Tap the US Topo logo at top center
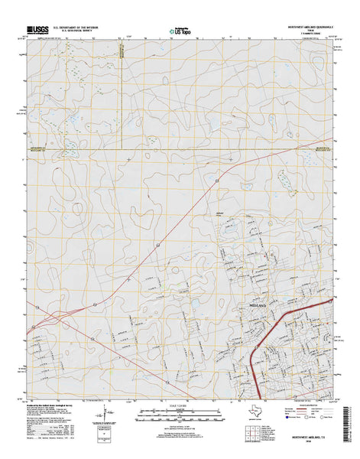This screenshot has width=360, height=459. click(180, 32)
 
